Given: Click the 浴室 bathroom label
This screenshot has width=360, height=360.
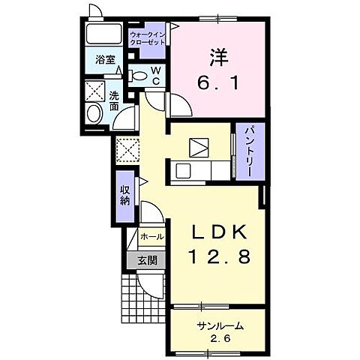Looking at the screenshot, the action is tap(105, 60).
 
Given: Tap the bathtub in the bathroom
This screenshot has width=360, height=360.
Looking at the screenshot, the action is tap(103, 34).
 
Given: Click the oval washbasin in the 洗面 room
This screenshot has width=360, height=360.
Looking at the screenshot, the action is tap(94, 113).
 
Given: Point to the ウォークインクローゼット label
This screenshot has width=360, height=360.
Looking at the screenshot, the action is tap(148, 38).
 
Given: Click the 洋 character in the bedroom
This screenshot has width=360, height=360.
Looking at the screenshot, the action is tap(219, 57).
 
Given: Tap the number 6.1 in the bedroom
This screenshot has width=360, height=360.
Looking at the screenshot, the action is tap(219, 82).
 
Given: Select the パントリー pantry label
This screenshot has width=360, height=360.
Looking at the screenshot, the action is tap(250, 151).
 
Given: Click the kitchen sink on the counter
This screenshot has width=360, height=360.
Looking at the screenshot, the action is tap(183, 171).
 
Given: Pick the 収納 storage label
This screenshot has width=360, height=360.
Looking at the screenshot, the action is tap(125, 196).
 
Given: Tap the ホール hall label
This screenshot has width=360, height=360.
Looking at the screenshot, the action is tap(152, 236).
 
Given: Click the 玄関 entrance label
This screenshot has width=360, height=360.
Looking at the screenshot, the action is tap(148, 261).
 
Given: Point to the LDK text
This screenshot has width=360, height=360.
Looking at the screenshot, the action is tap(219, 232).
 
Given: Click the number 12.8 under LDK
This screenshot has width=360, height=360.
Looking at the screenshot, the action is tap(219, 257).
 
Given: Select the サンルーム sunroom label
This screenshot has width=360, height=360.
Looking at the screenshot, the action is tap(220, 325).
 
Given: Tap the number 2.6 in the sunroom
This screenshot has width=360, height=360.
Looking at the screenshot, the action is tap(220, 339).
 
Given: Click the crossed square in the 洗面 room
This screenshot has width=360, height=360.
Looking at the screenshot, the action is tap(94, 91).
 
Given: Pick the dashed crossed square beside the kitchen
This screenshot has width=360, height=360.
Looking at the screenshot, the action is tap(127, 150).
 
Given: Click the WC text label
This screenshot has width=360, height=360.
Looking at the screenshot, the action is tap(156, 76).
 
